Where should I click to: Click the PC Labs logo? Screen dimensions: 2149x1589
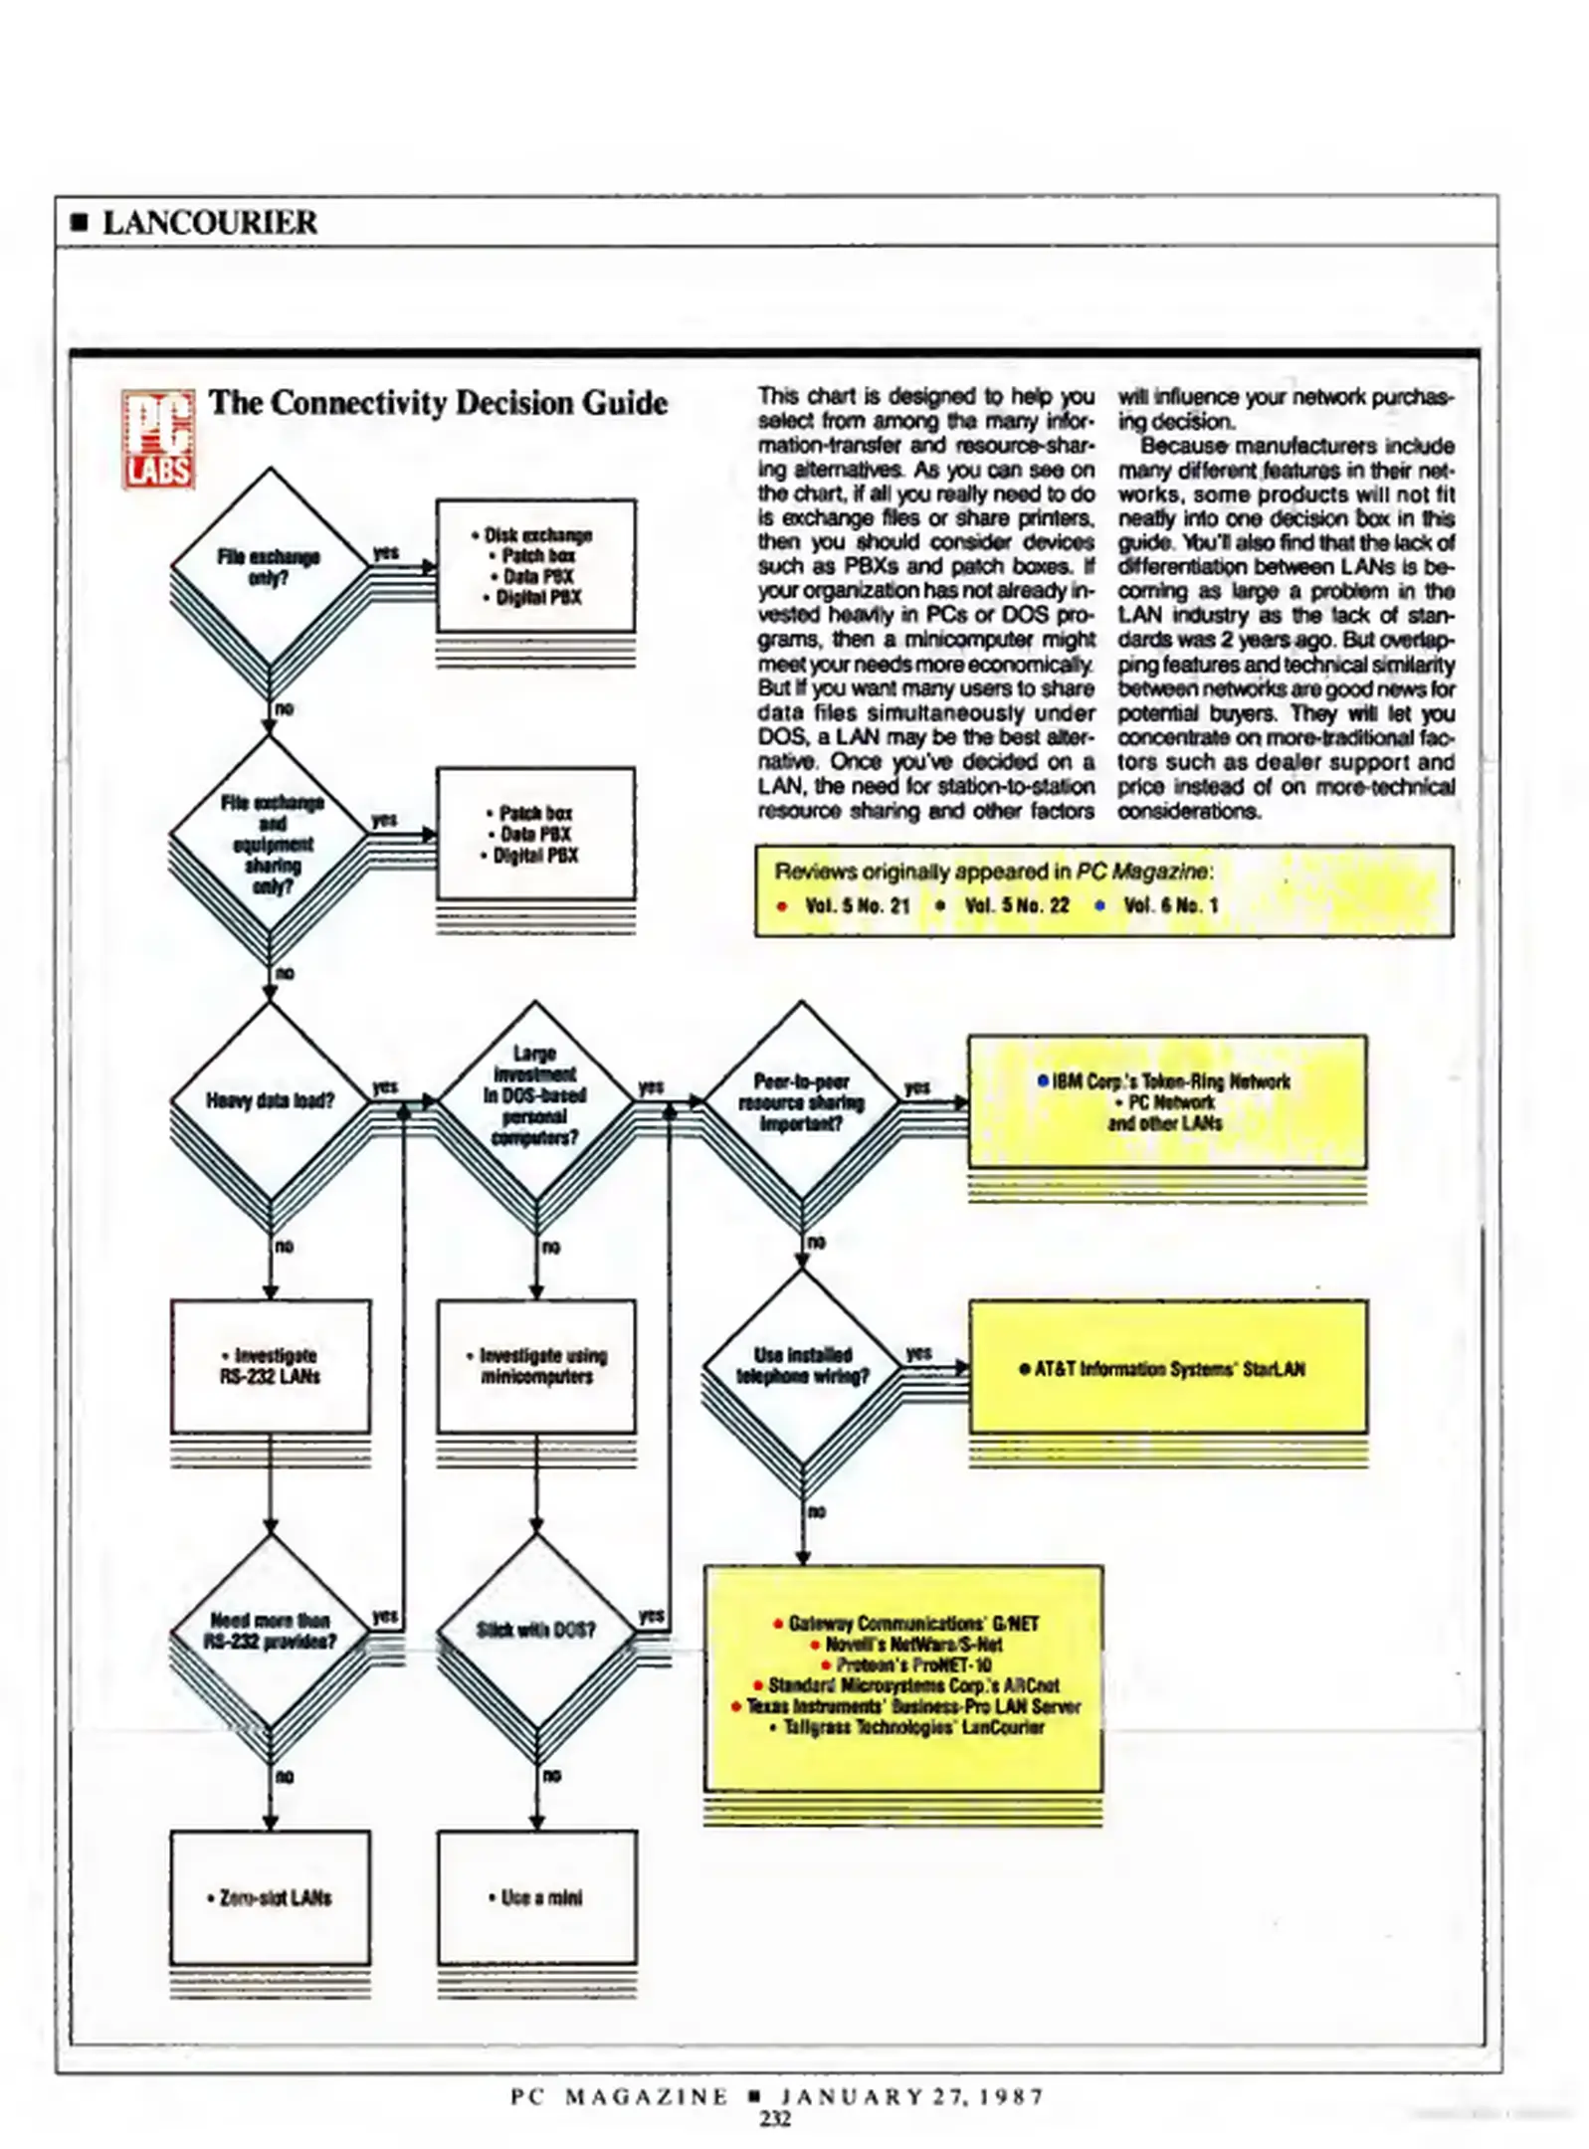point(157,439)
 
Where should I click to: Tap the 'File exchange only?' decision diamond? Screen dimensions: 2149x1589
point(270,567)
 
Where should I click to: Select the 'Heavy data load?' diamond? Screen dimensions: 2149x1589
point(270,1100)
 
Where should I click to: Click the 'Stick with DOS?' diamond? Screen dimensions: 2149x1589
point(535,1631)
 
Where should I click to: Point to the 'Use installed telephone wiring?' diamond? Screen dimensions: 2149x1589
point(802,1366)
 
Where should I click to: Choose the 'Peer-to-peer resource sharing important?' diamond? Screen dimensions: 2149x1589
point(801,1101)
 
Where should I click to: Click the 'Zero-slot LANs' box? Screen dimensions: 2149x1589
point(270,1897)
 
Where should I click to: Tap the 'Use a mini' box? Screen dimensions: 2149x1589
point(536,1897)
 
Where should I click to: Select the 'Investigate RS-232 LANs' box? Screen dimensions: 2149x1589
point(271,1366)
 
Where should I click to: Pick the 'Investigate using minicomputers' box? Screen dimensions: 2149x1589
point(536,1366)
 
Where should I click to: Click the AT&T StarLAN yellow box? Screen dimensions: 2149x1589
point(1168,1367)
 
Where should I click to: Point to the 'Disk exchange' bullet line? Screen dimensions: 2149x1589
point(533,535)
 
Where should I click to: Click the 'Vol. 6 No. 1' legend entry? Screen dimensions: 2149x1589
point(1170,905)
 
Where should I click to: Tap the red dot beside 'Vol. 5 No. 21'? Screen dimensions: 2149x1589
point(782,906)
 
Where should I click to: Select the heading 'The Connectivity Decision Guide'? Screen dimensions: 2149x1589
point(438,403)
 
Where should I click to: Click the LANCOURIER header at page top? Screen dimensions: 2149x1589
point(210,222)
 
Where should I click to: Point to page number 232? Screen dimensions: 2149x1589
point(775,2119)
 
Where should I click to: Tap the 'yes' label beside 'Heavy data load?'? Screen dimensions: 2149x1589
point(385,1086)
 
